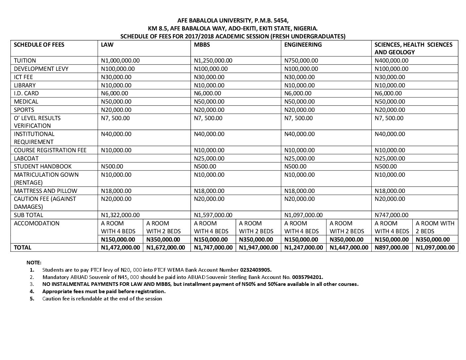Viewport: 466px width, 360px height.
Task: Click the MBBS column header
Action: coord(202,45)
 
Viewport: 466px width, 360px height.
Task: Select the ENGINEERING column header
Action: coord(303,45)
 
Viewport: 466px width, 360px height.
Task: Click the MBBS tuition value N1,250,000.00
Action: coord(213,61)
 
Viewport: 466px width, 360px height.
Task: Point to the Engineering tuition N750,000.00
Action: coord(301,61)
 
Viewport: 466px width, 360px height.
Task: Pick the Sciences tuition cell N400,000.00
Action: coord(392,61)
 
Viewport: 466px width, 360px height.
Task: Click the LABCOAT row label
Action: coord(26,158)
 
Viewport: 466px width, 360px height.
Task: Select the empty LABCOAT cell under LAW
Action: coord(144,158)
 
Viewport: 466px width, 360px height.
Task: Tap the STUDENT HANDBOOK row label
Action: coord(43,166)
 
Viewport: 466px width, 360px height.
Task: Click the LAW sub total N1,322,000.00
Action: coord(120,215)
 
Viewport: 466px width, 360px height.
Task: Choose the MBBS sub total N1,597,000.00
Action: coord(213,215)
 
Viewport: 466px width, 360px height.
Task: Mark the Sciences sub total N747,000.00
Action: coord(392,215)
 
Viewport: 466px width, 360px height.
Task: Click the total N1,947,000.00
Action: coord(258,247)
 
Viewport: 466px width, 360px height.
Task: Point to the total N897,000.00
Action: coord(392,247)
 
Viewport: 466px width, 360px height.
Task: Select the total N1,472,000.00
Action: coord(120,247)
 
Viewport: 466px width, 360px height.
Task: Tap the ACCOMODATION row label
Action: coord(37,223)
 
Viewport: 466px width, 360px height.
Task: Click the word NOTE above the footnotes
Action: coord(34,262)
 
